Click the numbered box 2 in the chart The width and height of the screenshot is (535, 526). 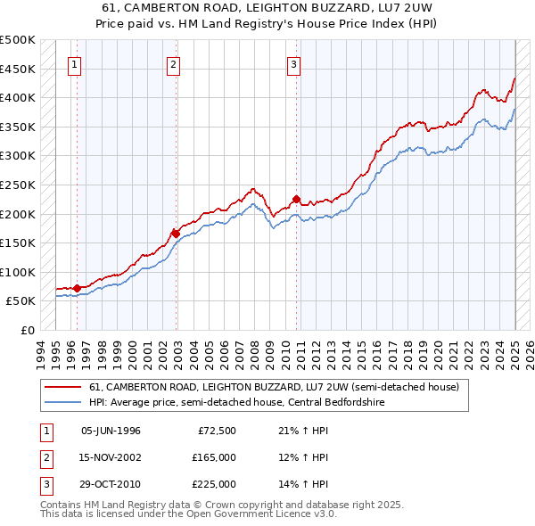[x=173, y=64]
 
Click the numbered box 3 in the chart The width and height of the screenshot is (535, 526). [x=293, y=64]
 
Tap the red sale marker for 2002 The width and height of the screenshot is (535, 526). [x=176, y=234]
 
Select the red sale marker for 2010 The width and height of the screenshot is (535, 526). [x=297, y=199]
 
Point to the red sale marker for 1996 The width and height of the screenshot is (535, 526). [x=77, y=288]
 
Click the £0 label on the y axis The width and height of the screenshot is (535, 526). [x=27, y=330]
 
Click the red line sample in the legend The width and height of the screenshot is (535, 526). [x=62, y=387]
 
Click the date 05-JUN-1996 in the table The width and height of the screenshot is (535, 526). [x=111, y=431]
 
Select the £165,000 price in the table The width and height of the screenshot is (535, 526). [x=215, y=457]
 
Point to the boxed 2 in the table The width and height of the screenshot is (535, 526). [x=45, y=457]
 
